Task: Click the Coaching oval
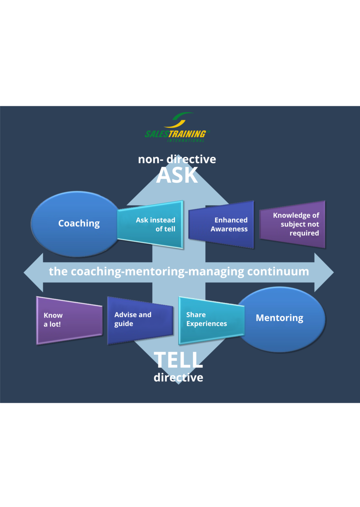[75, 224]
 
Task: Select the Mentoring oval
[281, 319]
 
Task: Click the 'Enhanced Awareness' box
[222, 224]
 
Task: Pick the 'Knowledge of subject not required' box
[293, 224]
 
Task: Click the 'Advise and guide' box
[140, 319]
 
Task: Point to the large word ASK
[177, 175]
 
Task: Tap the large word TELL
[179, 360]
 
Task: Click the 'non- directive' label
[177, 159]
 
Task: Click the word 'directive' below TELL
[179, 377]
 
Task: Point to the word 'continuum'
[278, 271]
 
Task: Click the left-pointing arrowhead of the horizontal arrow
[34, 272]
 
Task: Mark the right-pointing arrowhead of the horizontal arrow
[324, 272]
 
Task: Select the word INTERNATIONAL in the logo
[186, 140]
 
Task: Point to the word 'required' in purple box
[304, 233]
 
